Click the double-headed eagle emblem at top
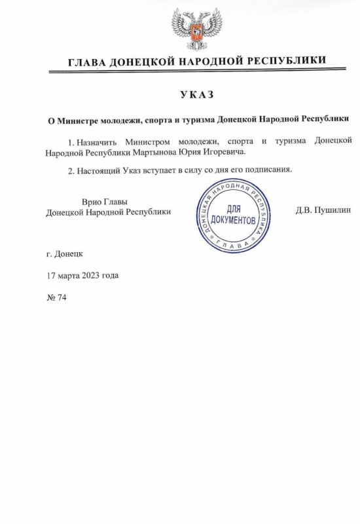pyautogui.click(x=192, y=29)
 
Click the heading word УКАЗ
pyautogui.click(x=196, y=94)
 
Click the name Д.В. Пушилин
pyautogui.click(x=324, y=211)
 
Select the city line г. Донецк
pyautogui.click(x=61, y=253)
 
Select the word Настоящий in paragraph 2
pyautogui.click(x=98, y=169)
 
